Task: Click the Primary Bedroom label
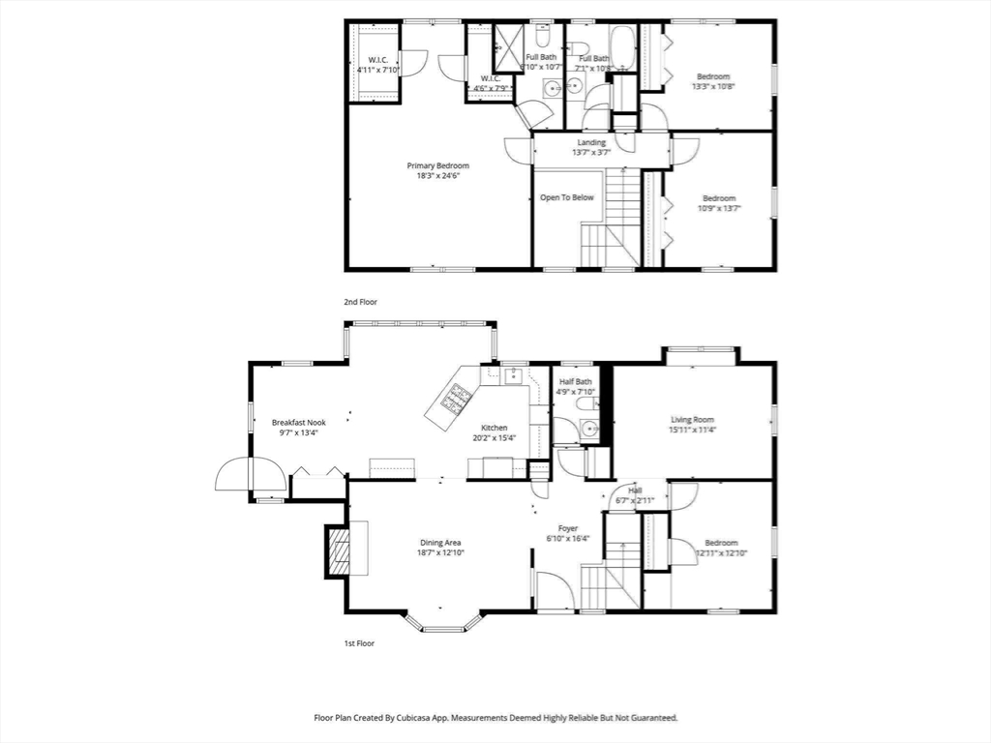pos(437,165)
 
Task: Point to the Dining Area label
pos(439,543)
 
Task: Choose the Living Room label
pos(693,420)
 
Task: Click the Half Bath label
pos(575,381)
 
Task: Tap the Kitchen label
pos(495,428)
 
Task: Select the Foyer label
pos(568,528)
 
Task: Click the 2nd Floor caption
pos(360,302)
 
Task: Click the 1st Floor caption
pos(359,642)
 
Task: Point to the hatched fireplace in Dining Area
pos(337,549)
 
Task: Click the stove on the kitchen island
pos(458,397)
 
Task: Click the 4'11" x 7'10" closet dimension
pos(376,70)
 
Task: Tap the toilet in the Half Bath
pos(586,429)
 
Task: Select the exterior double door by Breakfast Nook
pos(251,475)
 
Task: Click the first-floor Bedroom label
pos(721,543)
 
